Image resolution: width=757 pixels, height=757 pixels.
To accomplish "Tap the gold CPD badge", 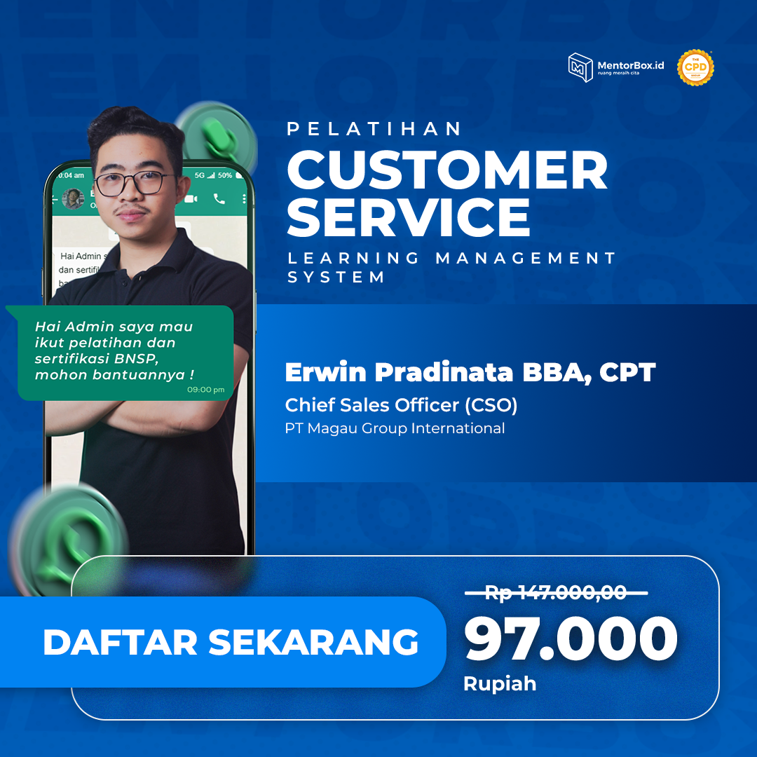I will coord(695,68).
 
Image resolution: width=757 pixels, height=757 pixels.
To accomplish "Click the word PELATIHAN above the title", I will coord(375,129).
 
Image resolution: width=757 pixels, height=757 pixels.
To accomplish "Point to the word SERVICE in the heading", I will coord(409,217).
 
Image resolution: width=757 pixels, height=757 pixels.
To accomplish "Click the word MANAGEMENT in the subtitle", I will coord(526,258).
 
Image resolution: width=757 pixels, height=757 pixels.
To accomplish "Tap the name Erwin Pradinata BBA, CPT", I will coord(470,373).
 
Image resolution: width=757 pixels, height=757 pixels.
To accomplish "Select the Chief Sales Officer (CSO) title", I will coord(401,405).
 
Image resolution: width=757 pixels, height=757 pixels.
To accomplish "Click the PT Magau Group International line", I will coord(395,428).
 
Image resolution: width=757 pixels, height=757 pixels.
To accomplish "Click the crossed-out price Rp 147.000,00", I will coord(556,593).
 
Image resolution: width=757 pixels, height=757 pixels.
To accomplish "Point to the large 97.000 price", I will coord(571,639).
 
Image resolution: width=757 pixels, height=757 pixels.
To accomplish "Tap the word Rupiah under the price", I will coord(500,683).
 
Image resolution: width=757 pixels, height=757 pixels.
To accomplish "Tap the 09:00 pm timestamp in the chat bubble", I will coord(205,390).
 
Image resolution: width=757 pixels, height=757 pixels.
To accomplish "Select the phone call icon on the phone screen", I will coord(219,199).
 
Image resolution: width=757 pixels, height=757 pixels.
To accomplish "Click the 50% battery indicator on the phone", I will coord(224,175).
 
